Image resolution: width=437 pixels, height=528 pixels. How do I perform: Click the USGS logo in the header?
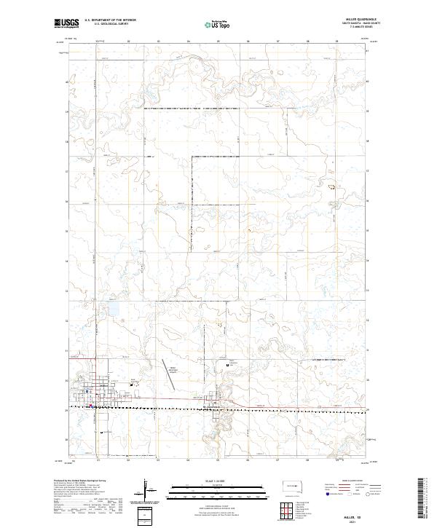(x=67, y=23)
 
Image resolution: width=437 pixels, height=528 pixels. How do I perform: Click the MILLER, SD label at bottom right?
(x=360, y=513)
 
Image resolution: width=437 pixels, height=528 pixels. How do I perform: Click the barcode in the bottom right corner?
(x=422, y=499)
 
